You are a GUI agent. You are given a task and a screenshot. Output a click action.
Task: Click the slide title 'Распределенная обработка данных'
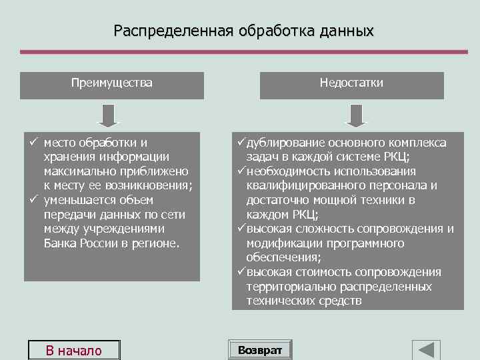[x=243, y=31]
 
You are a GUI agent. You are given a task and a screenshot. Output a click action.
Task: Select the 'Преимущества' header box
[x=112, y=84]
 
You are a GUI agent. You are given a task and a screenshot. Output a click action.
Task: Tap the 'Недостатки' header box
[x=351, y=84]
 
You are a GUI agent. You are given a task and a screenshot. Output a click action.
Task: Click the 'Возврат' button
[x=260, y=350]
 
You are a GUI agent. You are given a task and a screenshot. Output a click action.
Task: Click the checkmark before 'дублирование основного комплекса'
[x=241, y=143]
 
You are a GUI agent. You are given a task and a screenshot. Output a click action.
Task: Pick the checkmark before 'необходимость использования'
[x=241, y=171]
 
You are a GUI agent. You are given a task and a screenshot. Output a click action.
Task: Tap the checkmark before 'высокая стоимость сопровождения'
[x=241, y=272]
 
